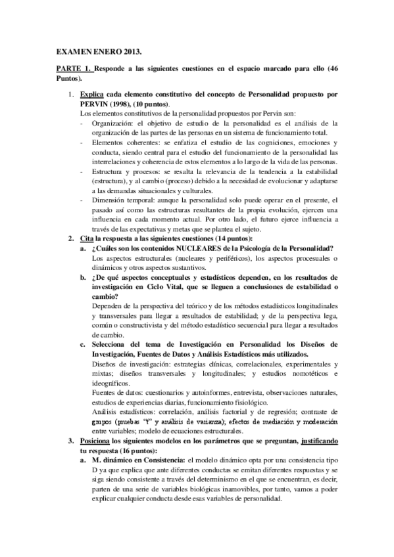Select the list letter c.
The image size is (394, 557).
click(x=82, y=344)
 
